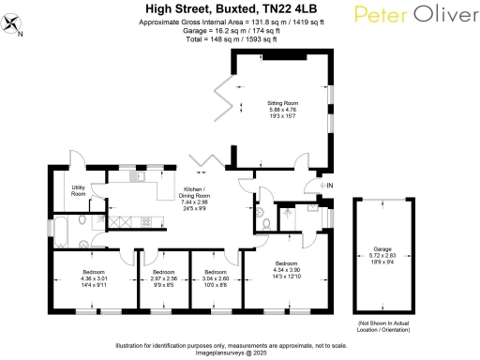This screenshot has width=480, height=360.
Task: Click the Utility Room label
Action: [x=80, y=190]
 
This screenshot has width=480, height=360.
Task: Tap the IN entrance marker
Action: [x=329, y=187]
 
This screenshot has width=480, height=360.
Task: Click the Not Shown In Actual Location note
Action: [x=382, y=327]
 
